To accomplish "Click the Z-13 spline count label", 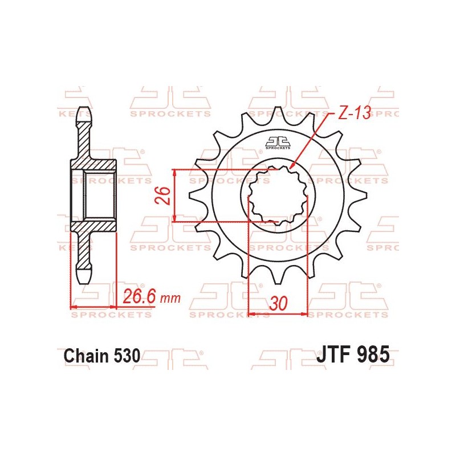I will pyautogui.click(x=353, y=114).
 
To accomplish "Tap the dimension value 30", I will pyautogui.click(x=278, y=303).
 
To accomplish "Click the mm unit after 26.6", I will pyautogui.click(x=170, y=298).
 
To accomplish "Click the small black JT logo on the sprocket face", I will pyautogui.click(x=278, y=142).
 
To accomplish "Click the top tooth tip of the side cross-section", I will pyautogui.click(x=84, y=109).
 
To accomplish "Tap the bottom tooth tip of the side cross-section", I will pyautogui.click(x=84, y=279).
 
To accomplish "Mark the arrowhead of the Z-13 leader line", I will pyautogui.click(x=292, y=166).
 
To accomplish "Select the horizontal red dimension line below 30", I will pyautogui.click(x=278, y=313).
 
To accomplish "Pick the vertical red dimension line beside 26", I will pyautogui.click(x=175, y=196).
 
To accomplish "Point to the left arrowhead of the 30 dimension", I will pyautogui.click(x=251, y=313).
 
